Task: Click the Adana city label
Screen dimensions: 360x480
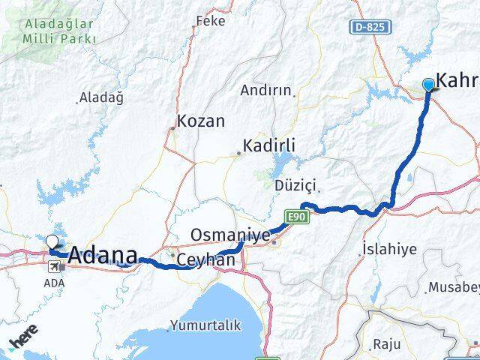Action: click(x=103, y=256)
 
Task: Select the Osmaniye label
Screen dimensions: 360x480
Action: click(x=229, y=235)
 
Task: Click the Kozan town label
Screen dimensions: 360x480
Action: click(x=201, y=121)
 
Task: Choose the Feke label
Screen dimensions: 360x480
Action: click(x=210, y=21)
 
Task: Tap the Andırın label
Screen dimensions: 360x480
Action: click(x=265, y=90)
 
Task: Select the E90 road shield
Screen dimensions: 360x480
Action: click(x=298, y=217)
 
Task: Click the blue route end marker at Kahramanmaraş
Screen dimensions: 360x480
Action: click(x=428, y=85)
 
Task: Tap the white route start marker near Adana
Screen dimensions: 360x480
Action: click(x=52, y=241)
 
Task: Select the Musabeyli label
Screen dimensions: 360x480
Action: click(x=454, y=287)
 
